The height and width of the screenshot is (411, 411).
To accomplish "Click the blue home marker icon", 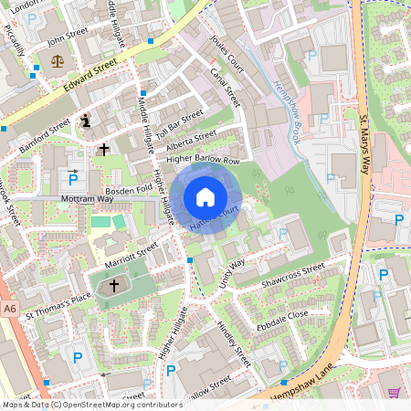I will [x=205, y=196].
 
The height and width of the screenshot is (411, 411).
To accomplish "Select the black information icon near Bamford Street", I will [x=87, y=120].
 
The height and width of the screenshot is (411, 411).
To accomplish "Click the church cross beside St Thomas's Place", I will [x=113, y=286].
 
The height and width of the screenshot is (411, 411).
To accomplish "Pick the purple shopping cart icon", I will [x=395, y=393].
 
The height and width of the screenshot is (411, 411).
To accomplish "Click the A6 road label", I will [x=9, y=311].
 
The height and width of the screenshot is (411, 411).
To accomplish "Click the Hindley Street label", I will [x=233, y=343].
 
